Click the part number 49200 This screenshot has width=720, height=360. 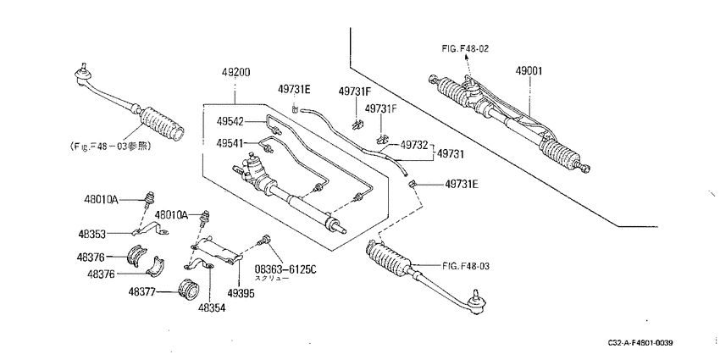236,73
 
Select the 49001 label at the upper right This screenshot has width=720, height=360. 529,71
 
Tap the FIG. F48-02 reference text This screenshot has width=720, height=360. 465,48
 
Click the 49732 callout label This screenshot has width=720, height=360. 414,145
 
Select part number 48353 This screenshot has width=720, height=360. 91,234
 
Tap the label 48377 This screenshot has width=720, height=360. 143,291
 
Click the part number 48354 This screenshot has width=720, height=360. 212,308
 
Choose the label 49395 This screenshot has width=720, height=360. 241,293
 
